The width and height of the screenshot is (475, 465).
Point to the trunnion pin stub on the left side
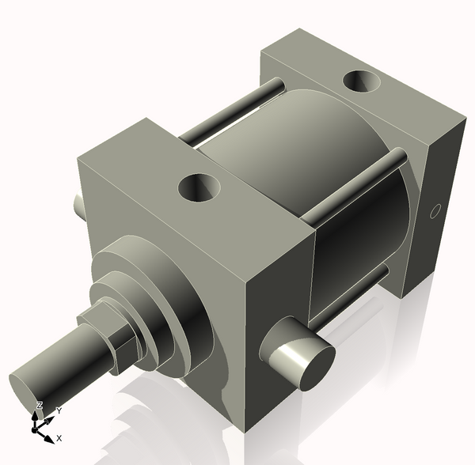pyautogui.click(x=80, y=206)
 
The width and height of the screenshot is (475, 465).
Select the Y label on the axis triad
pyautogui.click(x=59, y=411)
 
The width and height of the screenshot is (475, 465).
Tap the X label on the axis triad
pyautogui.click(x=59, y=437)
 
